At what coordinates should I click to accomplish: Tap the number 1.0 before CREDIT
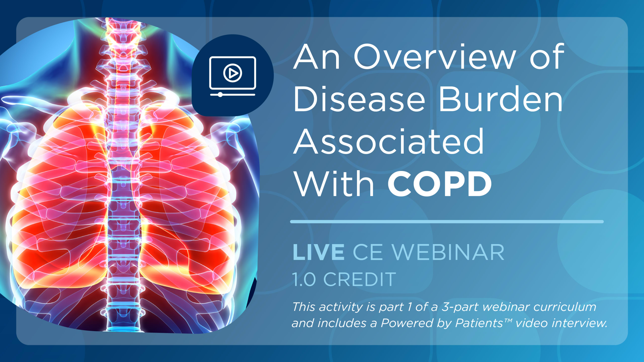coord(304,279)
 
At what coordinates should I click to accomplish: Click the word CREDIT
coord(360,279)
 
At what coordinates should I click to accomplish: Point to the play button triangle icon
coord(233,73)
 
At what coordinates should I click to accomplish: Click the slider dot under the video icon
coord(220,95)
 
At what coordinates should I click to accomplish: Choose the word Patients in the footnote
coord(479,323)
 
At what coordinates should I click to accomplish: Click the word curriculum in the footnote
coord(565,307)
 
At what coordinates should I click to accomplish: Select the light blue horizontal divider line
coord(447,221)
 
